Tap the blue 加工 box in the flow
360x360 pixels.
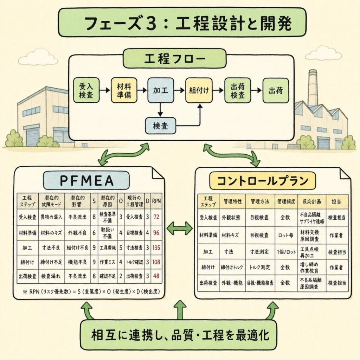(160, 90)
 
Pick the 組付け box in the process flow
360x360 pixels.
(199, 90)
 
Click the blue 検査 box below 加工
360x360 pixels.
(160, 126)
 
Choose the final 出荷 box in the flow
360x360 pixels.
(276, 90)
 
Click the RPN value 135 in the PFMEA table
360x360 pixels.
(156, 248)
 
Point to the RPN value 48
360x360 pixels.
(156, 276)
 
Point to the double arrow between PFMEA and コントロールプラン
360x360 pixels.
(180, 229)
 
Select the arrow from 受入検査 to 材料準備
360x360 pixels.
(104, 90)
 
